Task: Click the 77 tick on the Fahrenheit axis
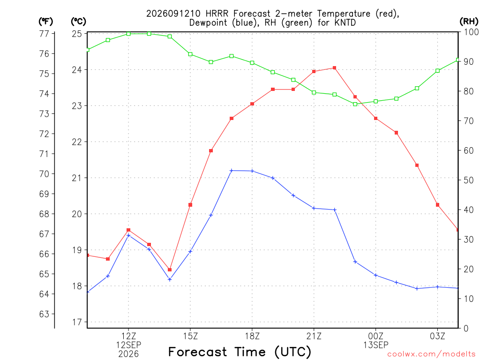coord(45,33)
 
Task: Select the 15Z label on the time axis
coord(190,336)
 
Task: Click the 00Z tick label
coord(375,336)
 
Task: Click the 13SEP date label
coord(375,345)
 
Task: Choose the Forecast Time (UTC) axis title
coord(240,352)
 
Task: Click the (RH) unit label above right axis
coord(469,21)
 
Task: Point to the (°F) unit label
coord(45,22)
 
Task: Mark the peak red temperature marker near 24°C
coord(335,68)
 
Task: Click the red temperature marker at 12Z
coord(128,230)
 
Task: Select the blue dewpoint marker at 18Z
coord(252,171)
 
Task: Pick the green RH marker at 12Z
coord(128,34)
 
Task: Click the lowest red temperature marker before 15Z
coord(170,270)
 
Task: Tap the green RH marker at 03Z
coord(437,71)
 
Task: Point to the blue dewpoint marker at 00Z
coord(375,275)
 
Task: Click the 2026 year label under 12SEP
coord(128,354)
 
